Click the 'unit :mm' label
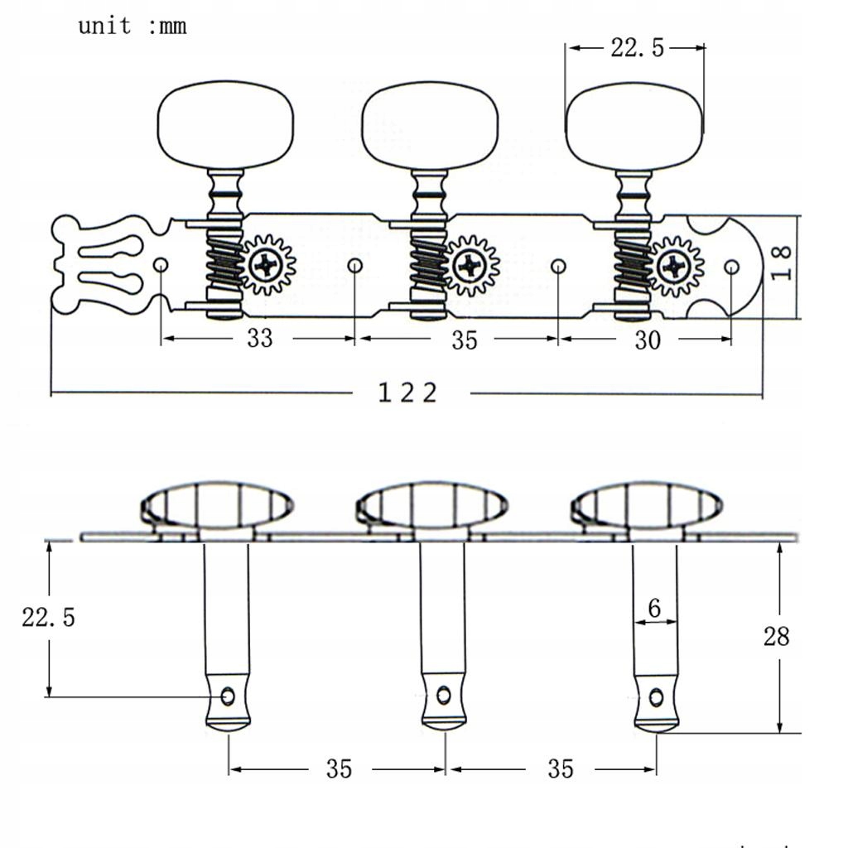coord(132,26)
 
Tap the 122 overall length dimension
coord(407,393)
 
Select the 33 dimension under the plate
coord(259,339)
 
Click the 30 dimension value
coord(647,340)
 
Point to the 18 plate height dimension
coord(783,263)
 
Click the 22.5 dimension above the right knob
coord(637,48)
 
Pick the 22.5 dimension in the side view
coord(48,617)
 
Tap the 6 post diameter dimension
coord(654,609)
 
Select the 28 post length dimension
coord(776,636)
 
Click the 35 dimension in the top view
coord(465,340)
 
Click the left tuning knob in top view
coord(225,125)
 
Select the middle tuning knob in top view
coord(430,125)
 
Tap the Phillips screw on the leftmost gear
coord(267,265)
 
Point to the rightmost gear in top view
coord(676,267)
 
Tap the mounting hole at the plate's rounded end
coord(731,267)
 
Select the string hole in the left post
coord(228,697)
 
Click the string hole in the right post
coord(655,697)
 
